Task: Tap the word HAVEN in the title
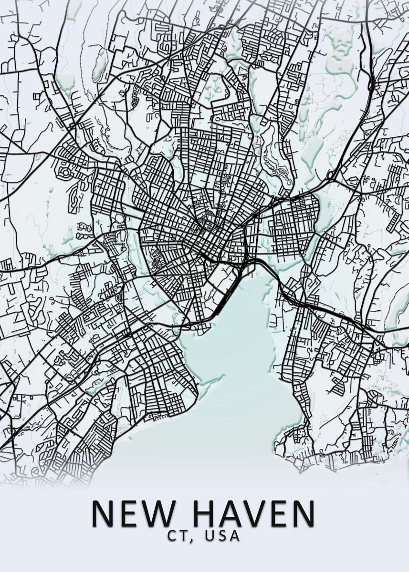[x=253, y=513]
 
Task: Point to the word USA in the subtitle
[x=222, y=536]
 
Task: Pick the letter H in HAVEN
[x=206, y=513]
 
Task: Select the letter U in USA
[x=210, y=536]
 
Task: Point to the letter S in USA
[x=222, y=536]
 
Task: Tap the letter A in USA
[x=234, y=536]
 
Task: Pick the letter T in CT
[x=182, y=536]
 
